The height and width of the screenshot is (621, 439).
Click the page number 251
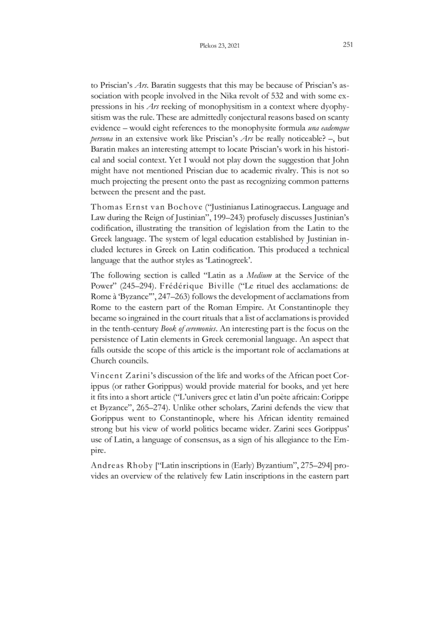347,46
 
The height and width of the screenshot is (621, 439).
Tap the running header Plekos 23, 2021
219,46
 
